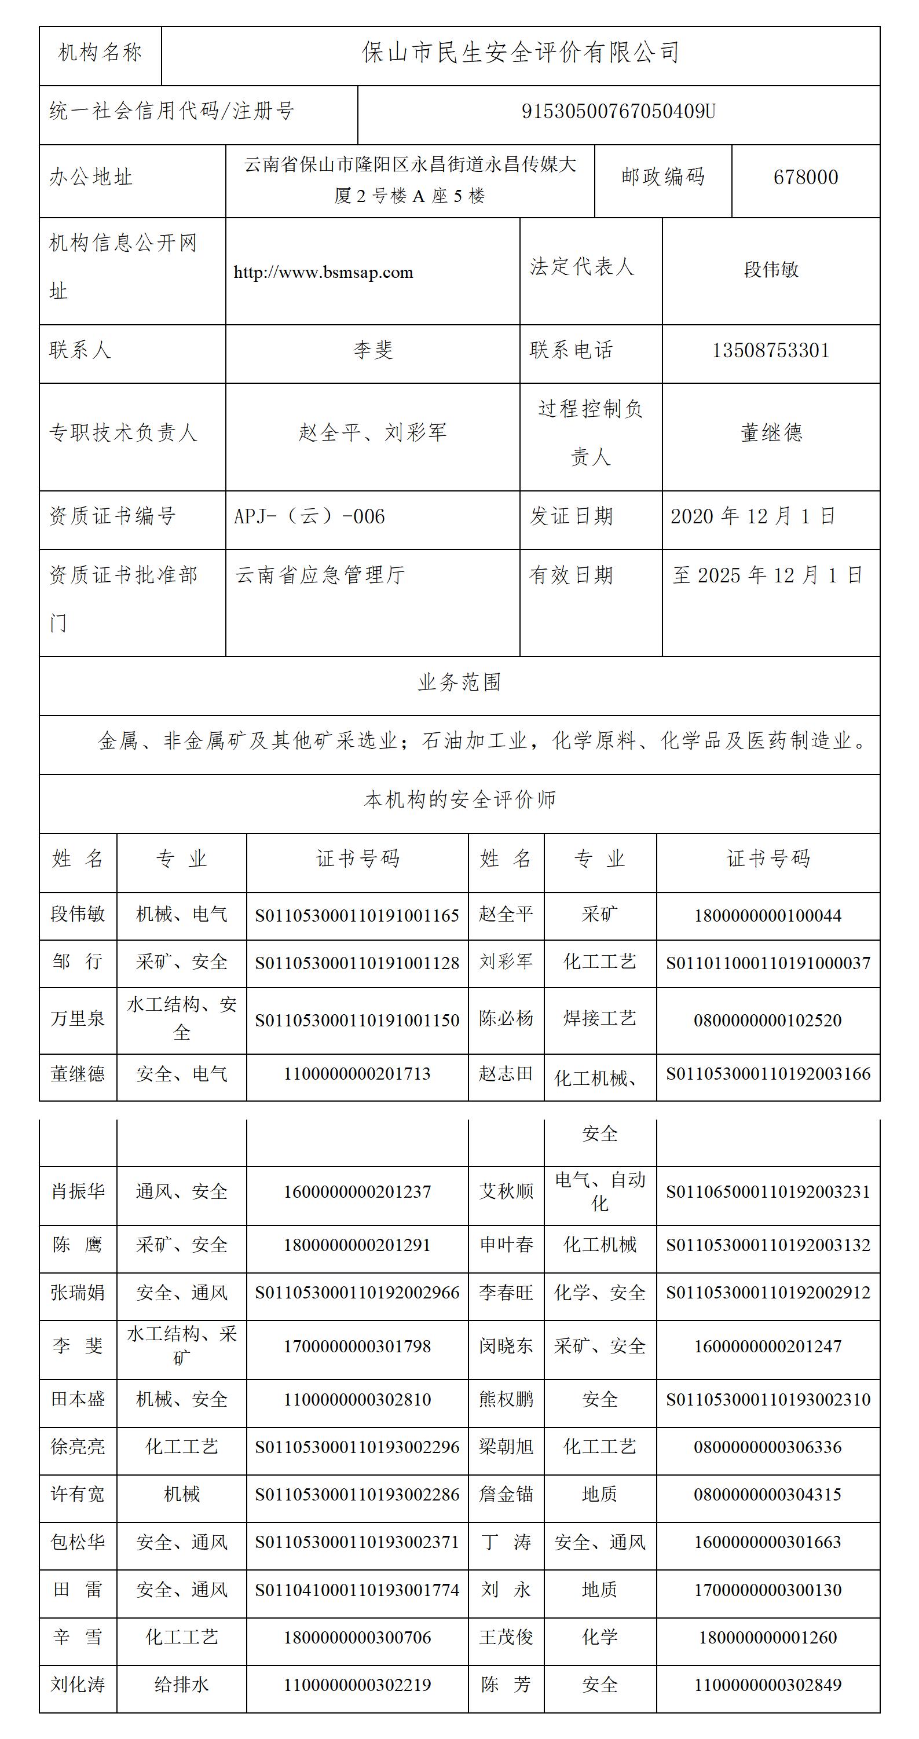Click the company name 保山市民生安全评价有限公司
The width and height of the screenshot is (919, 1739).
(520, 53)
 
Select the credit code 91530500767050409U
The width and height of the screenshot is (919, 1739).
(618, 111)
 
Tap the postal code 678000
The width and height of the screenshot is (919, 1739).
(806, 178)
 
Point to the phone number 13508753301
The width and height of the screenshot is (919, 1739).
(770, 350)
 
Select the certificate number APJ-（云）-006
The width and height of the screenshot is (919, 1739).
(309, 517)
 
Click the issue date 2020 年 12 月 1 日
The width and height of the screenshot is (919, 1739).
(753, 517)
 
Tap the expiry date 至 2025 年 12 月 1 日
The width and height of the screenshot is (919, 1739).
(768, 576)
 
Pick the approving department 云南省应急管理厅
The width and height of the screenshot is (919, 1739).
(320, 576)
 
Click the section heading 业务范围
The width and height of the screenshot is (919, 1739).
(459, 683)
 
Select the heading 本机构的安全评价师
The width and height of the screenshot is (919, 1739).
(459, 801)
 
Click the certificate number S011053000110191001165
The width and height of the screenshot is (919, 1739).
(357, 916)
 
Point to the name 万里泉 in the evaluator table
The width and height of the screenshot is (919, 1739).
(78, 1019)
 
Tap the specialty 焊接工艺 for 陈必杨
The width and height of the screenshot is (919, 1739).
(599, 1019)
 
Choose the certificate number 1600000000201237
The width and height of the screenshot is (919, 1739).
(357, 1192)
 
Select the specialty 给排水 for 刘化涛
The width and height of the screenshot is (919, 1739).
(181, 1685)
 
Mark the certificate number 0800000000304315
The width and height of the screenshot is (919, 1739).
(768, 1495)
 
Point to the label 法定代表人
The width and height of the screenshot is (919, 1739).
(581, 267)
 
